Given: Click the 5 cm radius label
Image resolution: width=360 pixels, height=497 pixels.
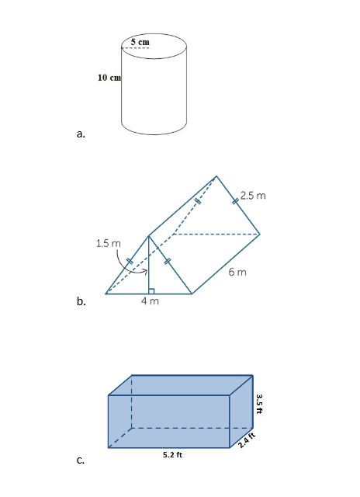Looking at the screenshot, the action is pyautogui.click(x=140, y=42).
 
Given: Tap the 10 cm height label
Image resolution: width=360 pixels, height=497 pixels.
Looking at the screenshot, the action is pyautogui.click(x=109, y=78).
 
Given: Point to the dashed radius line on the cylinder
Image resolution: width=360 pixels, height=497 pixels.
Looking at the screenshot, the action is pyautogui.click(x=135, y=48).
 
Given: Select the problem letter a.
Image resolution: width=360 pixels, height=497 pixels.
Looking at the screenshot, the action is pyautogui.click(x=81, y=134).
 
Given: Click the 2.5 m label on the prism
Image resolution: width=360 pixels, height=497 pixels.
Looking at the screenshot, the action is pyautogui.click(x=253, y=196).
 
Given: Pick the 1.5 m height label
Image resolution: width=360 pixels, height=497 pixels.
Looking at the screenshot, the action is pyautogui.click(x=109, y=243).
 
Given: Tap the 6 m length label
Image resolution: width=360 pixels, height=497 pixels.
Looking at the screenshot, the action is pyautogui.click(x=237, y=272).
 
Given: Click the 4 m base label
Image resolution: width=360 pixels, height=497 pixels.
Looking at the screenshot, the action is pyautogui.click(x=150, y=301).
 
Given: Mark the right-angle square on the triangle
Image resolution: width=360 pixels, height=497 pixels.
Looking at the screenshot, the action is pyautogui.click(x=151, y=291).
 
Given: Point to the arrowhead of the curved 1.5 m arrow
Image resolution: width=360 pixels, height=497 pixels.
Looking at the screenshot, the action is pyautogui.click(x=146, y=271).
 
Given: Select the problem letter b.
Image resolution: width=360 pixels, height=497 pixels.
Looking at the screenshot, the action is pyautogui.click(x=81, y=301).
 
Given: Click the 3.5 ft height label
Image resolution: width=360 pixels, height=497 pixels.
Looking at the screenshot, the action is pyautogui.click(x=259, y=404).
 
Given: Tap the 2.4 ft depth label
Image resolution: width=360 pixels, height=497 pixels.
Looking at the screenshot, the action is pyautogui.click(x=247, y=440).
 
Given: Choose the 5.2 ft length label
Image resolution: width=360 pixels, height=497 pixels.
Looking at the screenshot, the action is pyautogui.click(x=172, y=454).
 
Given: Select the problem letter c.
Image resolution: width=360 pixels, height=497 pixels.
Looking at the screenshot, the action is pyautogui.click(x=81, y=460).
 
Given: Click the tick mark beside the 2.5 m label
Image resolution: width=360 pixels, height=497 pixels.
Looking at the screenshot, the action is pyautogui.click(x=235, y=201).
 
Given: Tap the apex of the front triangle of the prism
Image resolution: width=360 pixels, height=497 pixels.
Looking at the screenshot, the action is pyautogui.click(x=148, y=236).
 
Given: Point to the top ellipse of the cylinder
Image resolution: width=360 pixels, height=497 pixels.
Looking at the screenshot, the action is pyautogui.click(x=154, y=46).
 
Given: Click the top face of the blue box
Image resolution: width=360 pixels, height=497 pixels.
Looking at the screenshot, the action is pyautogui.click(x=181, y=385).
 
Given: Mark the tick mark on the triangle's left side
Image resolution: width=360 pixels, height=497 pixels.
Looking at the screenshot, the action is pyautogui.click(x=130, y=261).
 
